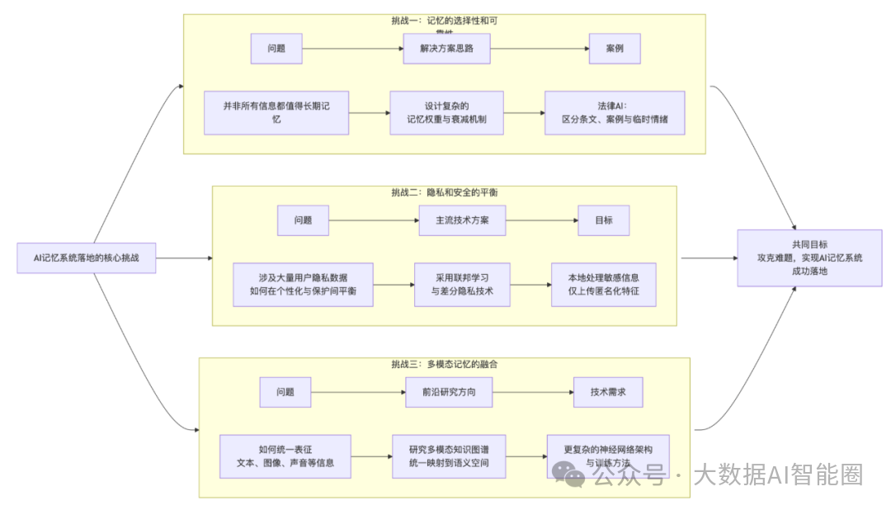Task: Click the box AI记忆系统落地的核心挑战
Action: point(87,258)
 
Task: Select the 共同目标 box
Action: point(809,258)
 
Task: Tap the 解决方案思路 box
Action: point(447,49)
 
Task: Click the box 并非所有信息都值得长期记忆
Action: point(276,113)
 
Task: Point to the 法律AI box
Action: point(615,113)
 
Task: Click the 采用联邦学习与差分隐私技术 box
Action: point(462,285)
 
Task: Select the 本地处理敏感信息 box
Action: point(604,285)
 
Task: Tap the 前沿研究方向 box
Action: point(449,392)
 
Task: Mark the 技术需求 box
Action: point(608,392)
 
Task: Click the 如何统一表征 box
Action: point(285,456)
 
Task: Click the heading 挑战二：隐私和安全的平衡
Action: point(444,192)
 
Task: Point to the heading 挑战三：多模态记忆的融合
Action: point(444,364)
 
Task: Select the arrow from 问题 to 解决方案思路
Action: point(352,49)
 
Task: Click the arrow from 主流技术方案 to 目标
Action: point(541,221)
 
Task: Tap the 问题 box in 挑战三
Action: point(285,392)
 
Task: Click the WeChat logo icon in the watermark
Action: point(571,475)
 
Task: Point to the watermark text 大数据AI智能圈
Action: point(777,475)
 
